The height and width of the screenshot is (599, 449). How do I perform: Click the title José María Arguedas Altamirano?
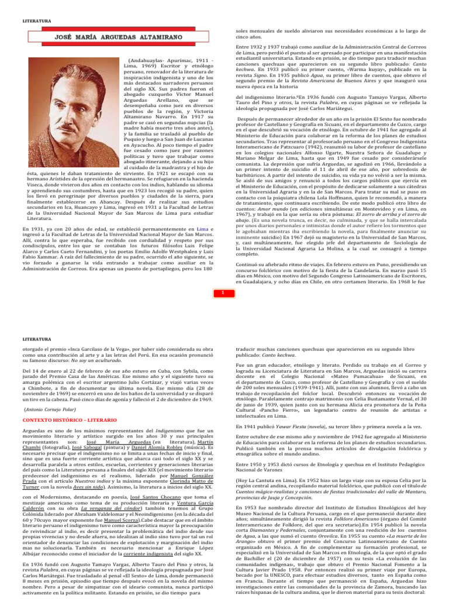(x=116, y=36)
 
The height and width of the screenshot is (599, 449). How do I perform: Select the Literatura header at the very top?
(x=36, y=21)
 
